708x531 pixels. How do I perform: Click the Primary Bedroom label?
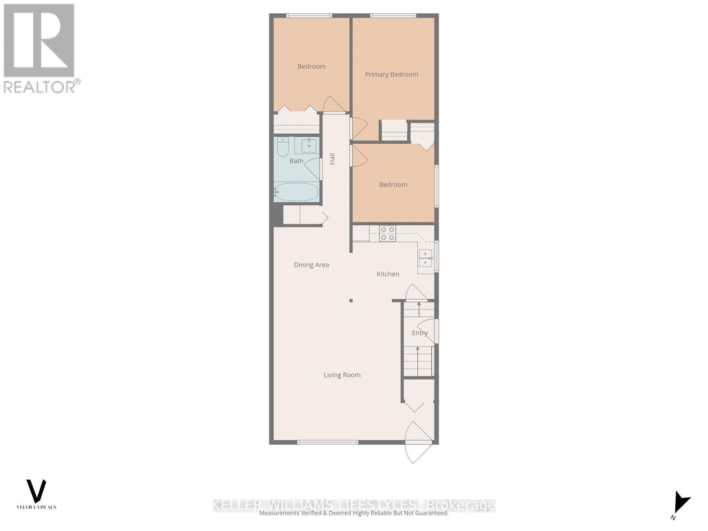[x=391, y=74]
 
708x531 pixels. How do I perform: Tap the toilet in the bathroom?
[x=283, y=147]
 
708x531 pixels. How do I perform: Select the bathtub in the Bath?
[x=296, y=192]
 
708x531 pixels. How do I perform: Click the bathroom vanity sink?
[x=309, y=145]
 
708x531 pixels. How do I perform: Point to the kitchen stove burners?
[x=387, y=234]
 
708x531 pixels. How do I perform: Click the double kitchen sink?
[x=425, y=258]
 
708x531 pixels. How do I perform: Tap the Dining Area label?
[x=311, y=265]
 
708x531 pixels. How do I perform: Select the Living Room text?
[x=342, y=375]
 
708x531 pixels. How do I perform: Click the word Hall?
[x=332, y=158]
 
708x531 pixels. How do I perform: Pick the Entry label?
[x=419, y=333]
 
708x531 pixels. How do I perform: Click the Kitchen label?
[x=388, y=274]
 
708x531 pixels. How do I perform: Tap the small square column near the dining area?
[x=351, y=300]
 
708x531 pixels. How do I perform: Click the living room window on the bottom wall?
[x=327, y=442]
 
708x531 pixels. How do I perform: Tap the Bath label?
[x=296, y=161]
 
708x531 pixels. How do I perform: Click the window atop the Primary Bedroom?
[x=393, y=16]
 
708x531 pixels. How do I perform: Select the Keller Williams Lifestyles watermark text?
[x=354, y=505]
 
